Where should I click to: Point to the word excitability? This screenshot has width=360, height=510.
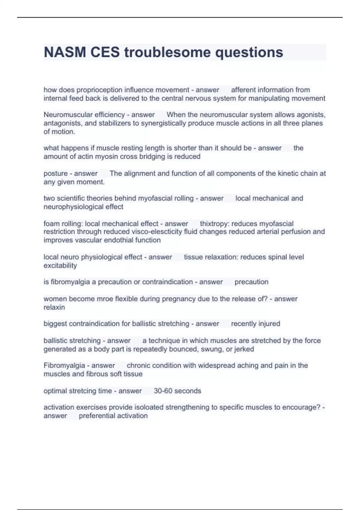click(60, 265)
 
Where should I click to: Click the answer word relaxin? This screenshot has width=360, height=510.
click(54, 307)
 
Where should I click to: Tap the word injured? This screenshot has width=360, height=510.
click(268, 324)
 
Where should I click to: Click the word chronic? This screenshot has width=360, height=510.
click(138, 365)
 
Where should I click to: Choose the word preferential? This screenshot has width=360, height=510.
click(97, 416)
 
